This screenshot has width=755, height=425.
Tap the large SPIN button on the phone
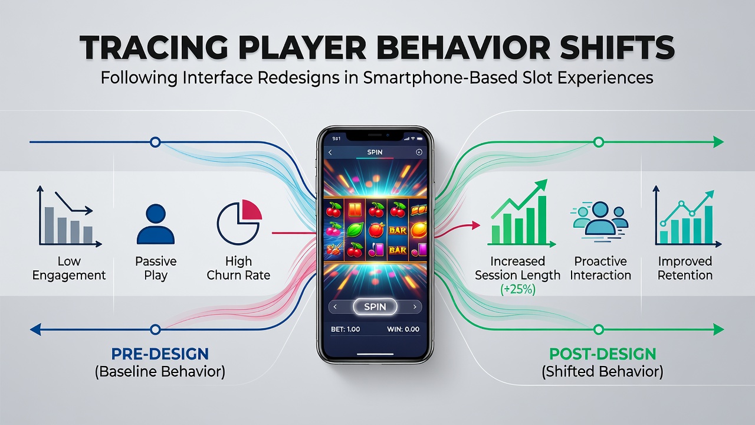click(x=375, y=306)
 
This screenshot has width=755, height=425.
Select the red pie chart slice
click(x=252, y=210)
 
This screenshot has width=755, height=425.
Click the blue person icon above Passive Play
click(x=156, y=224)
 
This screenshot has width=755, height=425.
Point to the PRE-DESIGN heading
click(x=160, y=354)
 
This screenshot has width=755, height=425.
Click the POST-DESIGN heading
click(x=603, y=354)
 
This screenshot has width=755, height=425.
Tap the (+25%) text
click(x=518, y=289)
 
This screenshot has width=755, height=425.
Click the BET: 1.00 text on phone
click(x=346, y=329)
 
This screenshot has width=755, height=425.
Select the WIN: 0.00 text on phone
click(x=403, y=329)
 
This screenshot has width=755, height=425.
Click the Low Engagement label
click(x=69, y=268)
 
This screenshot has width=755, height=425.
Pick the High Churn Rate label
click(x=238, y=268)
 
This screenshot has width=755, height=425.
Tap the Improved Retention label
click(x=685, y=268)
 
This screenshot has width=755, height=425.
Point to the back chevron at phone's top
click(x=330, y=152)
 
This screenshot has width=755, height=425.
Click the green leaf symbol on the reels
click(x=355, y=230)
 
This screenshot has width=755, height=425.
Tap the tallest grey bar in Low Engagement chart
click(x=49, y=225)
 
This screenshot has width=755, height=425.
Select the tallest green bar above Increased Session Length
click(x=542, y=220)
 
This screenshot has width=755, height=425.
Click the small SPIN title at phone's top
click(x=375, y=152)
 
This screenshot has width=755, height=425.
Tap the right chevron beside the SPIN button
click(x=415, y=307)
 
